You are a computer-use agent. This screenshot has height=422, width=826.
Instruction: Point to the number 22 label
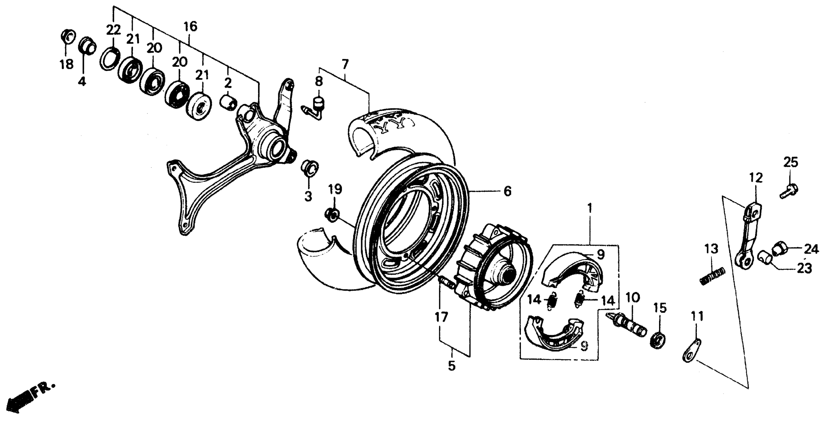(x=113, y=30)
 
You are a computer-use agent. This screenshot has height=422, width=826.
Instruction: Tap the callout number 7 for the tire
(x=345, y=64)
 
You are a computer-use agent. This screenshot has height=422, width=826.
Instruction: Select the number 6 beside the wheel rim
(x=507, y=191)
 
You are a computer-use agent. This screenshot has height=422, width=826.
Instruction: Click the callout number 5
(x=451, y=366)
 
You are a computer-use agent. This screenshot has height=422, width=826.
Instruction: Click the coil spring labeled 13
(x=712, y=276)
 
